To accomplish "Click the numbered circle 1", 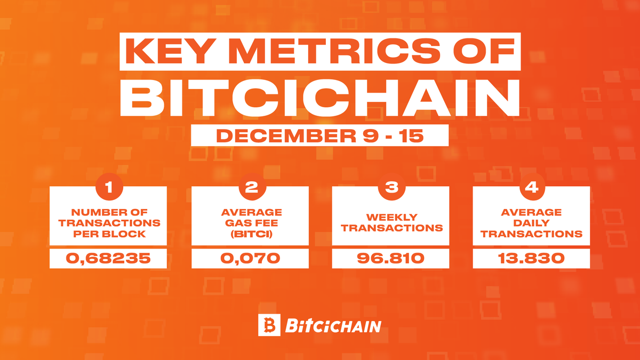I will click(x=109, y=188).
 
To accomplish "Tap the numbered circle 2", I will click(x=250, y=188).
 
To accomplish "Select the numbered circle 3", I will click(x=391, y=188).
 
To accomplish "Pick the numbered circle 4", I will click(x=532, y=188).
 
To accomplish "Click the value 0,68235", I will click(x=109, y=259).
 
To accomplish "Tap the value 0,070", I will click(x=250, y=259).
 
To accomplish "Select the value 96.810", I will click(x=391, y=259).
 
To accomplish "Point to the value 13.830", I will click(x=532, y=259).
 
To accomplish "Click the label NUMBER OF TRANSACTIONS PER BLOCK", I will click(x=109, y=223).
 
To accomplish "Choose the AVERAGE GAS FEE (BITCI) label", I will click(x=250, y=223).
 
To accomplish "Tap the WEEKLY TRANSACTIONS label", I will click(x=391, y=223).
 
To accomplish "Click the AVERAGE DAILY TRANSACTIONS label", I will click(x=532, y=223).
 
